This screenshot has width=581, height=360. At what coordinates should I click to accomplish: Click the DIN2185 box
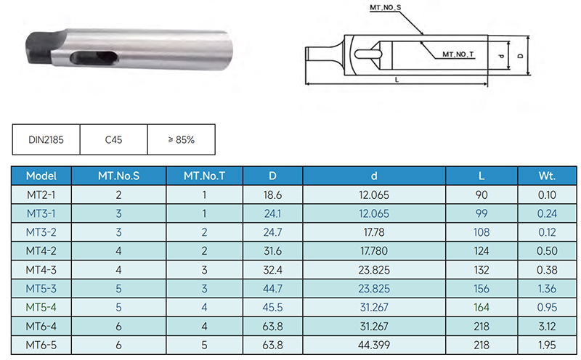click(46, 139)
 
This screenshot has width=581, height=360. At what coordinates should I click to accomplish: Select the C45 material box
click(114, 139)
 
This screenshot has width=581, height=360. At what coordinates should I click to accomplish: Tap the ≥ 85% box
click(181, 139)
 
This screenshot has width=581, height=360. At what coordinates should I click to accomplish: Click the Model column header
click(41, 176)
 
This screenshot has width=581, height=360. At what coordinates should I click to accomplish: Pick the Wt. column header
click(547, 176)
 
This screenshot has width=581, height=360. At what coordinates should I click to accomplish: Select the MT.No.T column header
click(205, 176)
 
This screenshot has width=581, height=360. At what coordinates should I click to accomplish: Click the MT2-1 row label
click(41, 195)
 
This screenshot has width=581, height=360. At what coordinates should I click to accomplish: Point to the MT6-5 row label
click(41, 345)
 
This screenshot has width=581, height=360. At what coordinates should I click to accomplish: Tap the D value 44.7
click(273, 289)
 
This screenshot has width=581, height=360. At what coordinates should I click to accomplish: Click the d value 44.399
click(374, 345)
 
